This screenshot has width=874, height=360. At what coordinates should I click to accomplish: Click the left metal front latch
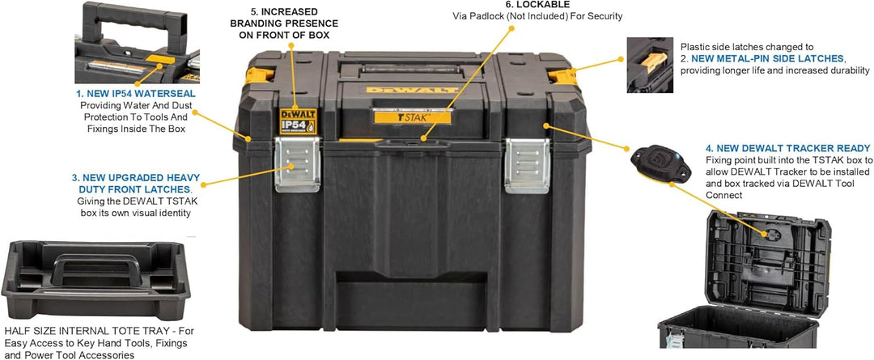coord(298,164)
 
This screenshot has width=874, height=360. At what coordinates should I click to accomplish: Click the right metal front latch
coord(527,166)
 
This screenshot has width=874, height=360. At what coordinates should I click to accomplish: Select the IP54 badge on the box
coord(297,121)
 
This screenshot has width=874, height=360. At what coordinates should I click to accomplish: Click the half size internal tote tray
coord(95,279)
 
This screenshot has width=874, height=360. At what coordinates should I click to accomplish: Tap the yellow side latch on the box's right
coord(563,76)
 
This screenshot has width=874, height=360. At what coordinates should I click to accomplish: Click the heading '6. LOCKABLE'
coord(537,5)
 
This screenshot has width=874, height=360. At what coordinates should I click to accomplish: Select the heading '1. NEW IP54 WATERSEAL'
coord(136,94)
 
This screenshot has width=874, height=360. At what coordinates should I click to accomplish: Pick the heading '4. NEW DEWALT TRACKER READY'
coord(787,148)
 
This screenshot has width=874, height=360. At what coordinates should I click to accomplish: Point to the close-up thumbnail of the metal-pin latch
coord(649,65)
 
